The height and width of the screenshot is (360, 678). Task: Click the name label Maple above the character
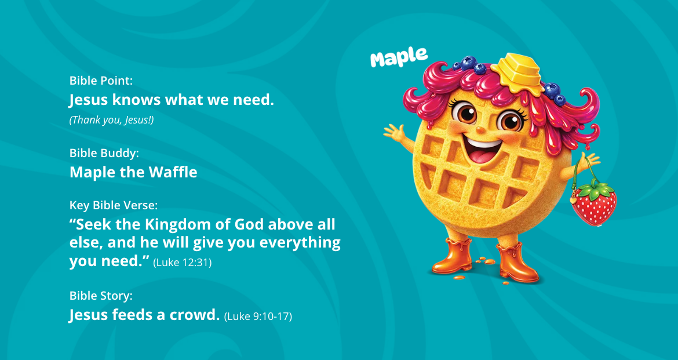399,57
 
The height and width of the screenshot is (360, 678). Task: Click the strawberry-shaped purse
593,204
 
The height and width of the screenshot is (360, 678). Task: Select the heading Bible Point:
101,81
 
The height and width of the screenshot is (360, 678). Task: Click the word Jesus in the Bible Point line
89,100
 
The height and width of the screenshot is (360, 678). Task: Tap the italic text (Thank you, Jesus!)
112,120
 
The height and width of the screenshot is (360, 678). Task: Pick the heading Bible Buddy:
104,153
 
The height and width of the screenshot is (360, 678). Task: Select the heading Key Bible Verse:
113,205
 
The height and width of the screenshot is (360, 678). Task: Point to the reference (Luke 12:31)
183,262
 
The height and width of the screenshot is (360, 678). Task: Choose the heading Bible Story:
101,296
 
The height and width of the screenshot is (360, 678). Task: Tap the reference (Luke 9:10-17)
258,317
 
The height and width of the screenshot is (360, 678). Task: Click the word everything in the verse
300,243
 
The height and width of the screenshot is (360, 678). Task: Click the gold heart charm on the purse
573,200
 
